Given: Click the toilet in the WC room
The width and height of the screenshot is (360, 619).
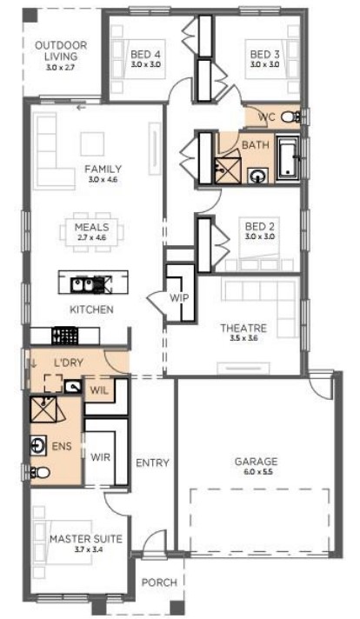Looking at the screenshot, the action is (291, 116).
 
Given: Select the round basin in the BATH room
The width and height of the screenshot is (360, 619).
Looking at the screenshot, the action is (258, 176).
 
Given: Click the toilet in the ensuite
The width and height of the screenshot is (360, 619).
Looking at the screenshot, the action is (40, 472).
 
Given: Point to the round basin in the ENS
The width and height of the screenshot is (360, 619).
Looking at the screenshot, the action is (38, 446).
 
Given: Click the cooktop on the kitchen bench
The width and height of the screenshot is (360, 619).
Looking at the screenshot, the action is (64, 336).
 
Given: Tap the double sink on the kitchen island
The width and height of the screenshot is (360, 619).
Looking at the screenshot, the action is (87, 284).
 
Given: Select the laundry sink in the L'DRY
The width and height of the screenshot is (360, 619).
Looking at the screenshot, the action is (73, 386).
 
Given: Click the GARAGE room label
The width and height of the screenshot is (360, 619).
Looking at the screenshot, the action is (256, 461).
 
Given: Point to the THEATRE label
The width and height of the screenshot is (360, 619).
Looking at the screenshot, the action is (243, 328).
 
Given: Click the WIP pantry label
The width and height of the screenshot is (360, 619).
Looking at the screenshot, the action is (179, 297).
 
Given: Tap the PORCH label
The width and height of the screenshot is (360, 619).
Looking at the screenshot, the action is (159, 582).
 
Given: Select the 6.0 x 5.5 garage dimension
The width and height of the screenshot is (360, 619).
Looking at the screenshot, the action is (256, 472).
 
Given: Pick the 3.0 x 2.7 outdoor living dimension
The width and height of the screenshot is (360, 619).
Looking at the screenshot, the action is (60, 68).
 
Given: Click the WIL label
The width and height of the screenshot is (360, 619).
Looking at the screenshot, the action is (99, 390).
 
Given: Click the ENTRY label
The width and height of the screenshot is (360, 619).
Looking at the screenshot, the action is (152, 463).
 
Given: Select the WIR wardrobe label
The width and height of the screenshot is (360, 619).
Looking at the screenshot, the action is (100, 457).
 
